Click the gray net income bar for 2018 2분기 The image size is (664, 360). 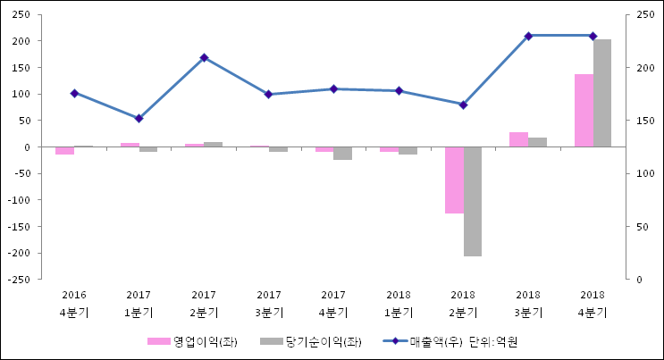tap(473, 201)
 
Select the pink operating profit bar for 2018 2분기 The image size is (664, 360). tap(454, 180)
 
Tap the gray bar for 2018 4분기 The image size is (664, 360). tap(602, 93)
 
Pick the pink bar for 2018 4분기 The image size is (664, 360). tap(584, 110)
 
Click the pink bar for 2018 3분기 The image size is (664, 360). tap(518, 139)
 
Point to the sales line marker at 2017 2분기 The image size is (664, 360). tap(204, 57)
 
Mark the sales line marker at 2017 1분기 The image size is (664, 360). tap(139, 118)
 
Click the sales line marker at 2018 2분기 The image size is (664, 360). tap(463, 105)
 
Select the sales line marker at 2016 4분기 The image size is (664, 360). tap(74, 93)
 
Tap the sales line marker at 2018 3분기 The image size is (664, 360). tap(528, 36)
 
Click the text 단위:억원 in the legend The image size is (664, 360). tap(493, 341)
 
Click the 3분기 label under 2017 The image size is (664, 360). tap(269, 313)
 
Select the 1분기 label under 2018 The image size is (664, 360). tap(399, 313)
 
